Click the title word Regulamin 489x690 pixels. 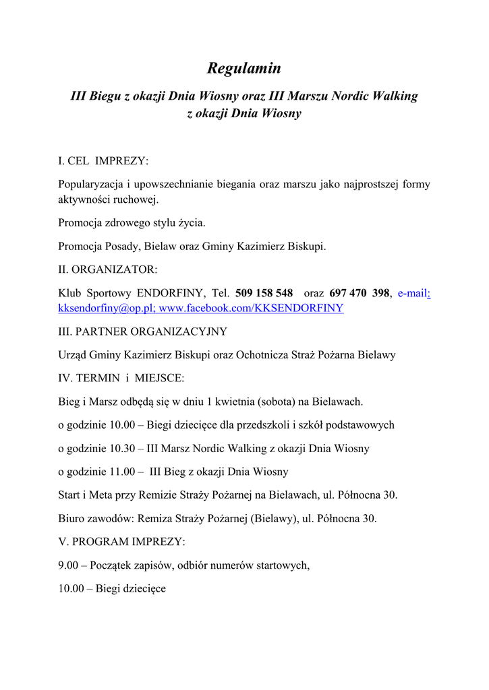click(243, 69)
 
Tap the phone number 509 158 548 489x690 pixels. click(264, 293)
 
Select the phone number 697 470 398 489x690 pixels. click(359, 293)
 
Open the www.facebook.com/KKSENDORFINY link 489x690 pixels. click(251, 309)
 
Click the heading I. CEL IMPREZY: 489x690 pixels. click(103, 161)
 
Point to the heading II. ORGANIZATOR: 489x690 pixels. click(108, 270)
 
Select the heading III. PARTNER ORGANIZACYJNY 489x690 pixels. click(142, 332)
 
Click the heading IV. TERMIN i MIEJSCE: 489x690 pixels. click(121, 378)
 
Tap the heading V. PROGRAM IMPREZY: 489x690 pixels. click(121, 542)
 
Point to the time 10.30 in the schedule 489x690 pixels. click(119, 448)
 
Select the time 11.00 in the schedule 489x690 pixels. click(119, 472)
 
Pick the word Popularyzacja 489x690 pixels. click(90, 185)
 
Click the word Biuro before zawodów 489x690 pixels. click(72, 519)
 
